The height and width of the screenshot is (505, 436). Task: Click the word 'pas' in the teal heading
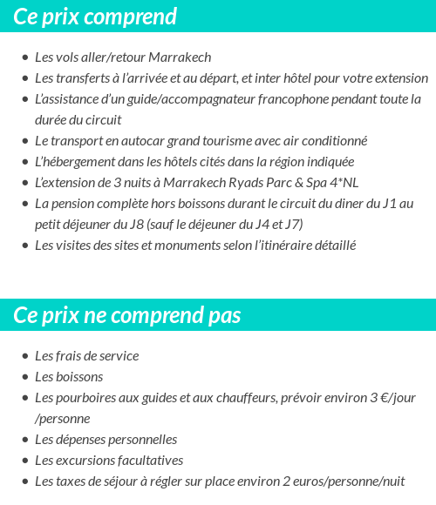[x=223, y=315]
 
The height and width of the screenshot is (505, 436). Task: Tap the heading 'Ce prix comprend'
[x=95, y=17]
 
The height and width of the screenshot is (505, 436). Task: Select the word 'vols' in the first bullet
[x=70, y=57]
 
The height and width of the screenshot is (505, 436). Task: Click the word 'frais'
[x=68, y=356]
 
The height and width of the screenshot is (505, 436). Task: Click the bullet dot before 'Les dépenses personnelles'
[x=25, y=440]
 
